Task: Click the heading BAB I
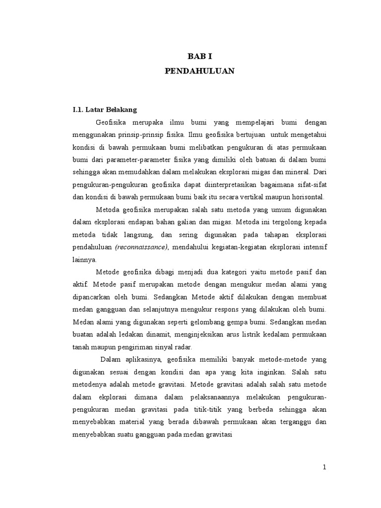pyautogui.click(x=199, y=57)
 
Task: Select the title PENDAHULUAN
pyautogui.click(x=199, y=71)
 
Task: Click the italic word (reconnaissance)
pyautogui.click(x=140, y=247)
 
